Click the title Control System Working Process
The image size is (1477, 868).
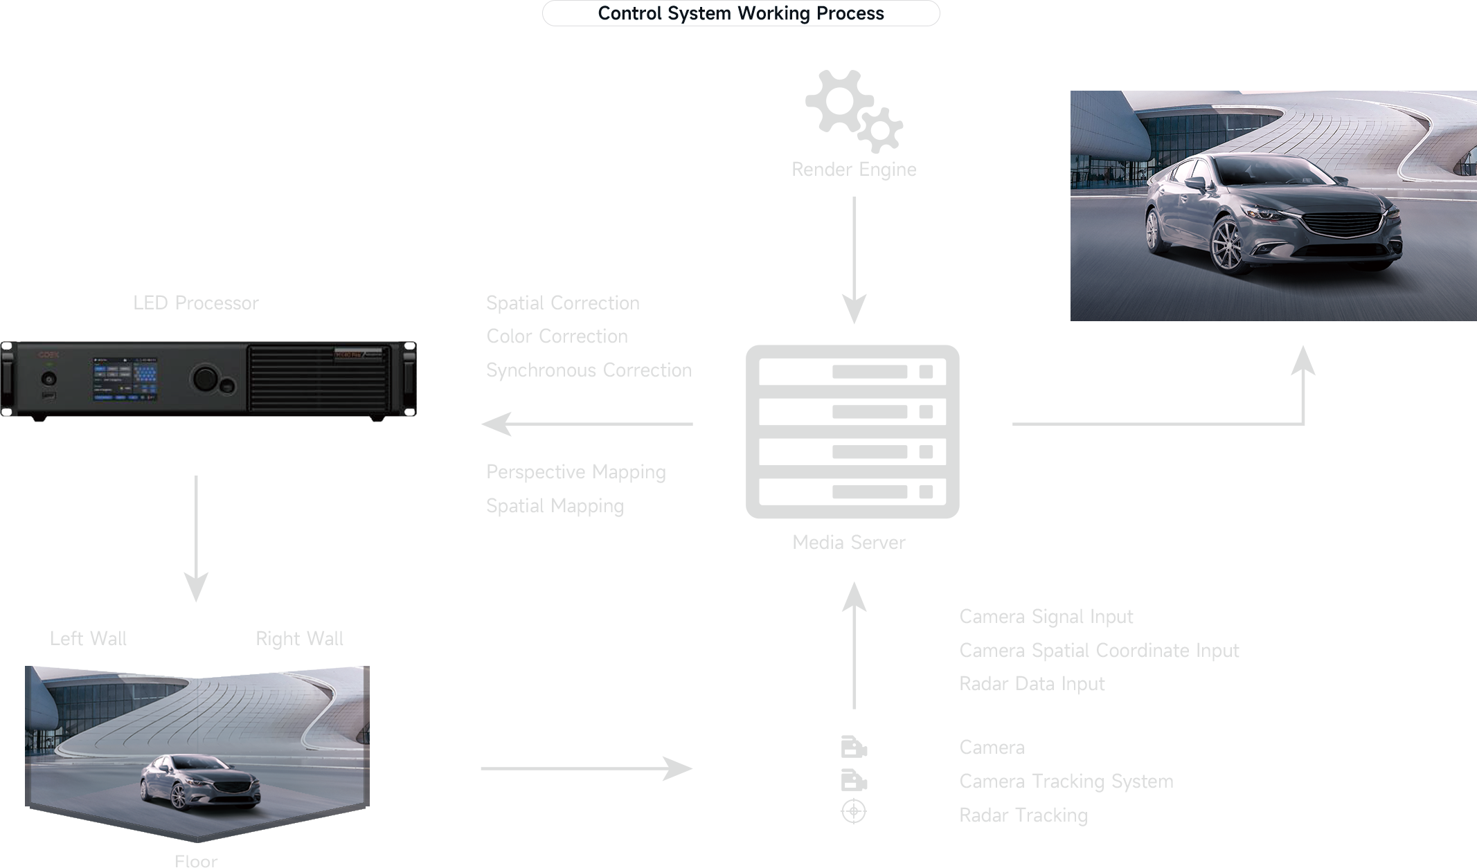tap(740, 14)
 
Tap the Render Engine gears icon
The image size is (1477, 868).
tap(853, 111)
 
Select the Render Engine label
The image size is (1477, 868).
tap(853, 170)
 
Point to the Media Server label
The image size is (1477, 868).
tap(848, 542)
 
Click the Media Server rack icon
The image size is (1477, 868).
tap(852, 431)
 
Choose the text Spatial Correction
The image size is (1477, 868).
tap(562, 303)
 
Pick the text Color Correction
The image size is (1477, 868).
tap(557, 336)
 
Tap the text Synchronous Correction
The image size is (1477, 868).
tap(589, 370)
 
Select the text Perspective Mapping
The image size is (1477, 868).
tap(575, 472)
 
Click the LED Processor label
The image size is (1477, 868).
tap(195, 303)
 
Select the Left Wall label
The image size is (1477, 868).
tap(88, 638)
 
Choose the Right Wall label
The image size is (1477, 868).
tap(299, 638)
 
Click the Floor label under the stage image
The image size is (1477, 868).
tap(196, 861)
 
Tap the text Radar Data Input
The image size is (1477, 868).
tap(1032, 684)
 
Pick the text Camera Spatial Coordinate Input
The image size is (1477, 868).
tap(1099, 651)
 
